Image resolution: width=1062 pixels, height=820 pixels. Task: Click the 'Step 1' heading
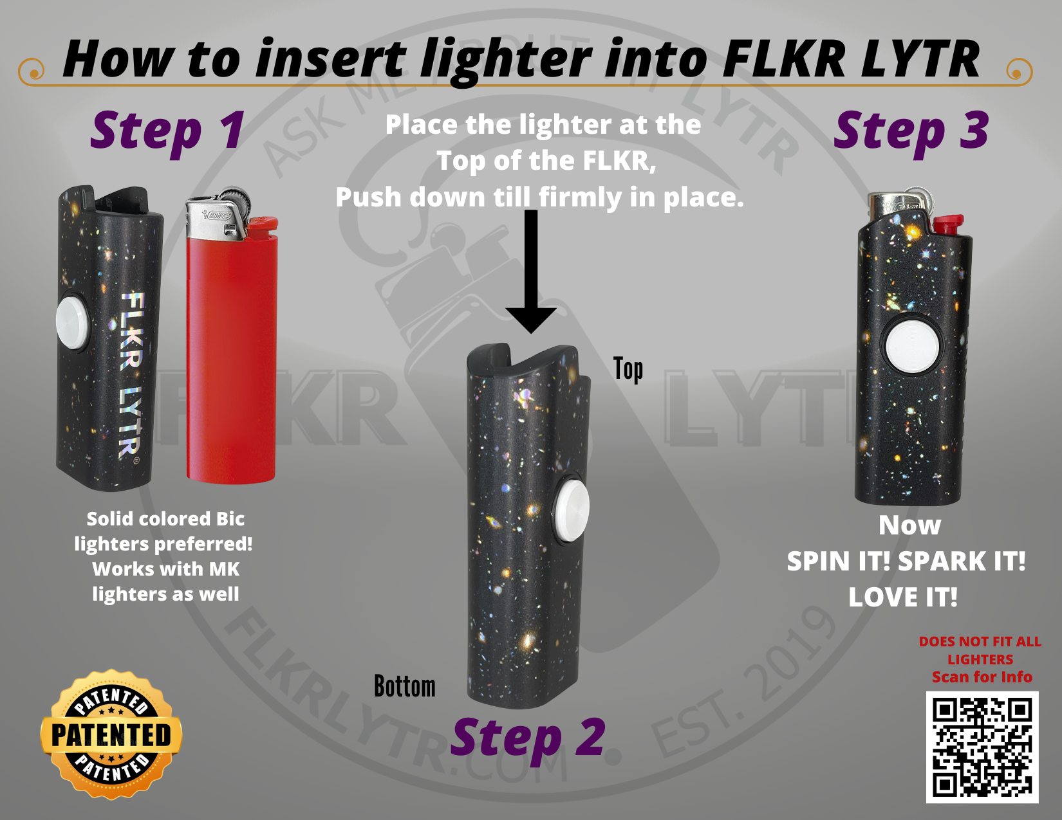[x=167, y=131]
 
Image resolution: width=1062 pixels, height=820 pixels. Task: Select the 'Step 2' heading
[x=528, y=738]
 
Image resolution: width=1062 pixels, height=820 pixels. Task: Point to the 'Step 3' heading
[x=911, y=131]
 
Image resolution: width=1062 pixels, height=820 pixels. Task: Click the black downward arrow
[x=531, y=271]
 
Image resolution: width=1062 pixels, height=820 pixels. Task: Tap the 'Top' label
[x=628, y=370]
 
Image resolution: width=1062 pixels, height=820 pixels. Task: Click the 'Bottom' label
[x=405, y=686]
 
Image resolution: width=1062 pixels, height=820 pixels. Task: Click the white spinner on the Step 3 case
[x=912, y=345]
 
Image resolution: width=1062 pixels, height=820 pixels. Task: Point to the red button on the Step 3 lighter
[x=948, y=224]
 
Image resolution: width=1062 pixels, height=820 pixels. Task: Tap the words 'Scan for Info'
[x=982, y=677]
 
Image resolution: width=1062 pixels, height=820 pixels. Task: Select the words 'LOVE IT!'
[x=902, y=597]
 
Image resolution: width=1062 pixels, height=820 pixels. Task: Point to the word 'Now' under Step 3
[x=909, y=525]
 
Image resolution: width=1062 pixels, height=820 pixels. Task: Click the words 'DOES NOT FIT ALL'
[x=980, y=641]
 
